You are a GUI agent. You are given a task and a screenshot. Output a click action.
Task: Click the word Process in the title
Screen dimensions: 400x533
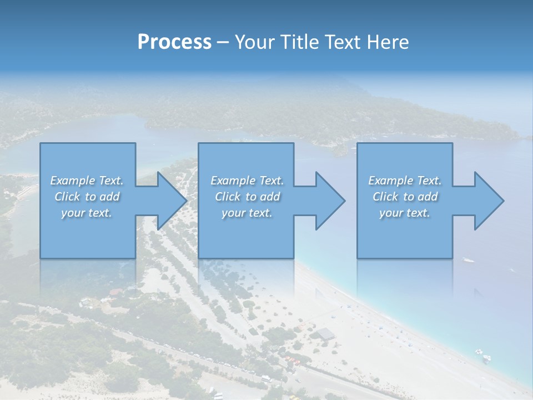coord(174,42)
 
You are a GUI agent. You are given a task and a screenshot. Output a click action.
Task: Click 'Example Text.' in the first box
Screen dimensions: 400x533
coord(87,181)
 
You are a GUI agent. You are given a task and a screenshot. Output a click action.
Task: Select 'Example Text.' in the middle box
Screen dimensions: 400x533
coord(247,181)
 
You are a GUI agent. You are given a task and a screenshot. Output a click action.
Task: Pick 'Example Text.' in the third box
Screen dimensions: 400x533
coord(405,181)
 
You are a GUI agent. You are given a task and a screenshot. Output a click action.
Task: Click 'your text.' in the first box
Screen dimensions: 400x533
coord(87,213)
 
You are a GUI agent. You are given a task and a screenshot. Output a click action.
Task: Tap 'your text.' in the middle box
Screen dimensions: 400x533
coord(247,213)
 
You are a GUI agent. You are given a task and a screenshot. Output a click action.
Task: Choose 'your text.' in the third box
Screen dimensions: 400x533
coord(405,213)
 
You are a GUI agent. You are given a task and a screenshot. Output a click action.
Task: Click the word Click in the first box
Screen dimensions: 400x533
coord(67,197)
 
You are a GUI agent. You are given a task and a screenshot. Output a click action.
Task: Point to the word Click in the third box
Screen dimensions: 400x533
coord(385,197)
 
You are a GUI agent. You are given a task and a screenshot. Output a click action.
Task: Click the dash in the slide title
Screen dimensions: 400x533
coord(223,42)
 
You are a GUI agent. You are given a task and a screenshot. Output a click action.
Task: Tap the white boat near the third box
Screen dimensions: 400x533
coord(469,259)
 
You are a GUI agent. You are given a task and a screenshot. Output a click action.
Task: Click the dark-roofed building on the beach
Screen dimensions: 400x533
coord(325,333)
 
